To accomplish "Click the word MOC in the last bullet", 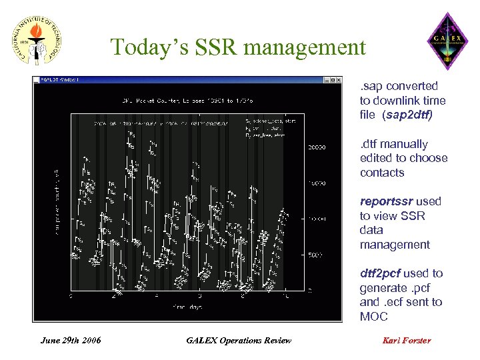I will (375, 317).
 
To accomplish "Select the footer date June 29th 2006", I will (71, 341).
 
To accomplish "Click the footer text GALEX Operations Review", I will (239, 341).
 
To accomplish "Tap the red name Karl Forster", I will (407, 341).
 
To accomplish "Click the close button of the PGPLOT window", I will (349, 80).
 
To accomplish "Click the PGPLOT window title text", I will (61, 80).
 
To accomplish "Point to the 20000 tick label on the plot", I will (315, 147).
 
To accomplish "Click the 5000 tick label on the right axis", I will (314, 255).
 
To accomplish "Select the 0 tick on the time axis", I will (71, 297).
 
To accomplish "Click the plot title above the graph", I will (177, 101).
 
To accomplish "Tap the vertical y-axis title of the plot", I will (58, 201).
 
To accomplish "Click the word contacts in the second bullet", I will (382, 173).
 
